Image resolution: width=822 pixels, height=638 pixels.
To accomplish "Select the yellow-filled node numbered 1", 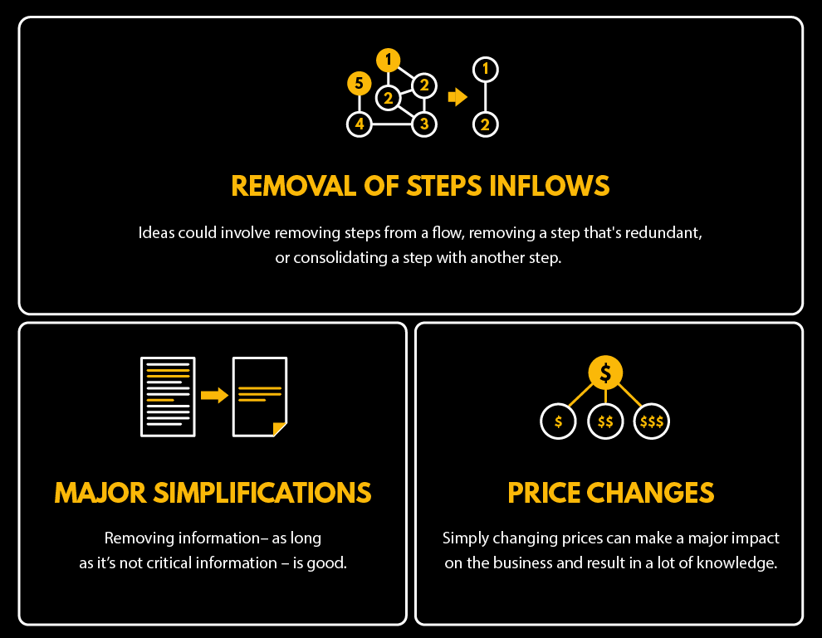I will pyautogui.click(x=388, y=60).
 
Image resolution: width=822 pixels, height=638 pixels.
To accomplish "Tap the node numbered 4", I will pyautogui.click(x=359, y=125).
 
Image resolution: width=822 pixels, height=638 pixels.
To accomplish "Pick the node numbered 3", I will pyautogui.click(x=424, y=125).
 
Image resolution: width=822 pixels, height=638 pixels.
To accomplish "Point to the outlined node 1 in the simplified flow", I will pyautogui.click(x=486, y=69).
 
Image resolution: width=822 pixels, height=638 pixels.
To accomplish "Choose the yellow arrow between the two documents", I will pyautogui.click(x=214, y=395).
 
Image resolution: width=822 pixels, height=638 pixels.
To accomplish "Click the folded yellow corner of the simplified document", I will pyautogui.click(x=279, y=428).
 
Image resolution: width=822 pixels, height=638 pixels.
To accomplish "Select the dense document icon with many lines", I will pyautogui.click(x=168, y=397).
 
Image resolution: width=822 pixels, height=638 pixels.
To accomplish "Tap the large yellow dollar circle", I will pyautogui.click(x=605, y=373).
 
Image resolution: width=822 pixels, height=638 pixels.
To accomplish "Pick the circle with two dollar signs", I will pyautogui.click(x=605, y=421).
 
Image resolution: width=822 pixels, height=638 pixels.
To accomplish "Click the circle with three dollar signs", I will pyautogui.click(x=652, y=421).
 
